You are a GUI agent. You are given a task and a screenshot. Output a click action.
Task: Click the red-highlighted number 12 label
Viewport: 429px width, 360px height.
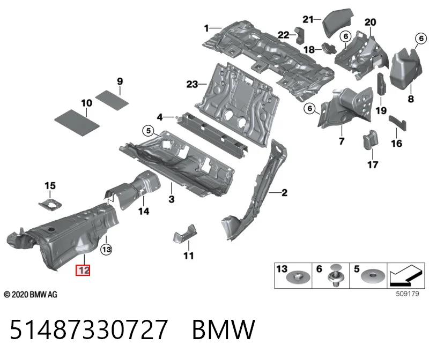(83, 271)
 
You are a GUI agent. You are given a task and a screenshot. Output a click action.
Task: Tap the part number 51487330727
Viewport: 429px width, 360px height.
(88, 329)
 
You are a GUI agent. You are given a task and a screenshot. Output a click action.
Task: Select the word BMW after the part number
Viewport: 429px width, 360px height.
(224, 329)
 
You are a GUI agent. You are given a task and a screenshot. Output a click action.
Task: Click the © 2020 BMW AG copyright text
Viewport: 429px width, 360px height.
(31, 295)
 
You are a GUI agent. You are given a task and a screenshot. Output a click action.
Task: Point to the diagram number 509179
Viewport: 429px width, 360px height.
(408, 294)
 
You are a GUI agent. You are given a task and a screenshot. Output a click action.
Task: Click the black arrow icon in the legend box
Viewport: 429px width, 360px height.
(406, 275)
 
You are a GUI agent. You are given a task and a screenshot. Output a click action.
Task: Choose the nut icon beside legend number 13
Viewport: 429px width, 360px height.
(298, 277)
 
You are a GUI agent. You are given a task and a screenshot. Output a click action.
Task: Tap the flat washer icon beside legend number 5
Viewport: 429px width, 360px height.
(373, 277)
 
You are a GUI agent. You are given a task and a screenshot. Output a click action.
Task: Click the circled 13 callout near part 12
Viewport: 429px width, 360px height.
(106, 249)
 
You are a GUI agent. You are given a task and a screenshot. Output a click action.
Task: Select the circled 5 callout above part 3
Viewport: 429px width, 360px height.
(149, 131)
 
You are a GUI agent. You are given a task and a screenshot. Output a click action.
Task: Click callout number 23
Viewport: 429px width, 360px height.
(192, 84)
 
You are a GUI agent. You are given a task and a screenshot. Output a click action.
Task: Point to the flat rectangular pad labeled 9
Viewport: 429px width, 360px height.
(112, 100)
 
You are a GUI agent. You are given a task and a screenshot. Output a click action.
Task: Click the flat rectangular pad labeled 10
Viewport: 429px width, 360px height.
(77, 123)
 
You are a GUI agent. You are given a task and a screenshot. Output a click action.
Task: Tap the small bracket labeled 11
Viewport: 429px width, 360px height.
(185, 233)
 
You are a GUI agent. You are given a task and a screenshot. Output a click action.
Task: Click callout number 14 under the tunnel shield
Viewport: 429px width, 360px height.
(144, 211)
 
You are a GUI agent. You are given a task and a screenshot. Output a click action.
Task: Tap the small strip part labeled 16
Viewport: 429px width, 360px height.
(398, 122)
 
